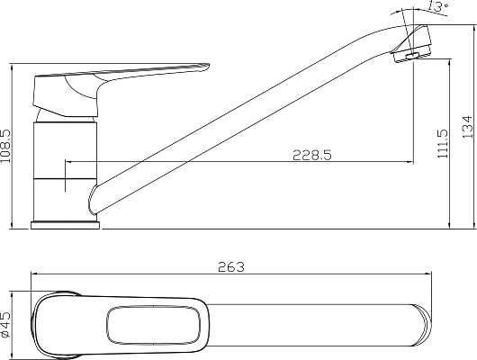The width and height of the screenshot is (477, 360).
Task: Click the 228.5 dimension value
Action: tap(312, 155)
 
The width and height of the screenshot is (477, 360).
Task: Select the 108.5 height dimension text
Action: tap(5, 146)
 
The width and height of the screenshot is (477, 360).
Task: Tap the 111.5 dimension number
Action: tap(443, 144)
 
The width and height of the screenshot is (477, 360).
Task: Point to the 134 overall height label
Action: tap(467, 127)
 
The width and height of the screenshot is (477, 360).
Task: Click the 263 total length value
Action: tap(231, 267)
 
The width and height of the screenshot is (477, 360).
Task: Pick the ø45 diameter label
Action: tap(5, 324)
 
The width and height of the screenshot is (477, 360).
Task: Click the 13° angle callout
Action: tap(438, 5)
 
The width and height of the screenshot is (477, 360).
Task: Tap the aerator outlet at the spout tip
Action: tap(412, 56)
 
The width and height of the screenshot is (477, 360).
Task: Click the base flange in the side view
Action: tap(65, 226)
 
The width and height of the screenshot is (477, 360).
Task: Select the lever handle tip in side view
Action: tap(206, 67)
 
